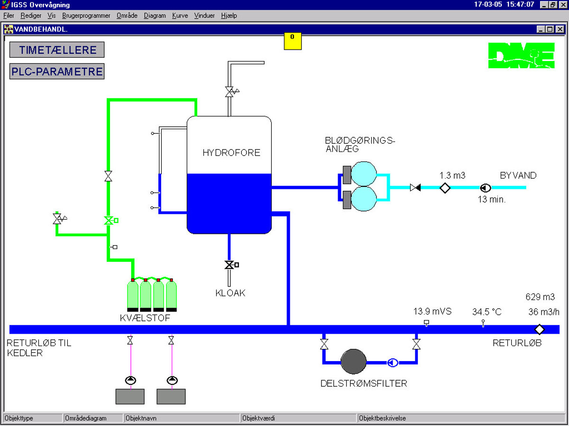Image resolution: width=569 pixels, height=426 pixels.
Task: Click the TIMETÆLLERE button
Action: (57, 50)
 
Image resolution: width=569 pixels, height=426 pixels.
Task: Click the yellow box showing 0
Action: (293, 41)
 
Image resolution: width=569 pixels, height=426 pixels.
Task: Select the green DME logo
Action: (521, 55)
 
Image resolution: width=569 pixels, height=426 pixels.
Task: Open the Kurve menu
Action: (180, 16)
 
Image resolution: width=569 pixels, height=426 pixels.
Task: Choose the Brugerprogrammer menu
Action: (86, 16)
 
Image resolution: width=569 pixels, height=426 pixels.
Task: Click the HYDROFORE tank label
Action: (231, 152)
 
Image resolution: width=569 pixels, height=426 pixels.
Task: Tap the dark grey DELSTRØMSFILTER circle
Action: (353, 362)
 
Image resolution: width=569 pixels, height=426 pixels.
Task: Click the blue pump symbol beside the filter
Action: (393, 363)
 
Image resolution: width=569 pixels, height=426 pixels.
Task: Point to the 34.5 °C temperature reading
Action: (486, 311)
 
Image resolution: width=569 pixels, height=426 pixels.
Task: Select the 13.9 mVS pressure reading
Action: (432, 311)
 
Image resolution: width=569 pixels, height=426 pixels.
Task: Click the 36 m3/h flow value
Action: (544, 312)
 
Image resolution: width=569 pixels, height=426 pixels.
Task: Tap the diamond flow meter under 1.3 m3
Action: (445, 188)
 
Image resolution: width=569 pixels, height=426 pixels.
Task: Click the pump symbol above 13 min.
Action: (486, 188)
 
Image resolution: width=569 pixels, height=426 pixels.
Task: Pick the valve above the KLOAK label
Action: (229, 265)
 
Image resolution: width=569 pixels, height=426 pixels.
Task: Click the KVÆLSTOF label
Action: (145, 318)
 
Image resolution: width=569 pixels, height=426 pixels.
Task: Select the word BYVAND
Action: (518, 175)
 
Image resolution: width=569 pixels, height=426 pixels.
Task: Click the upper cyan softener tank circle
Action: (364, 174)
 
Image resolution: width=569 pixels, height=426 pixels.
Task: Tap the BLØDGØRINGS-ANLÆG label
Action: (360, 144)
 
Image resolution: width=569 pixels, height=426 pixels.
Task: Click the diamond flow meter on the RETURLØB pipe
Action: (540, 329)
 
